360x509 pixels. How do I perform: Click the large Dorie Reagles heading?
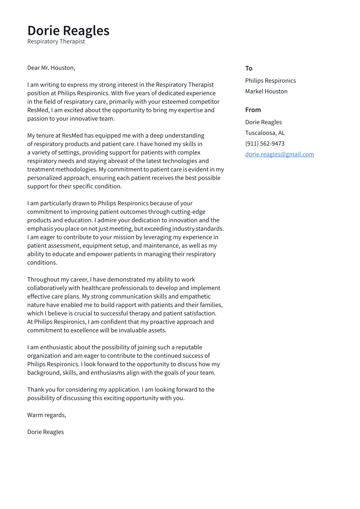68,31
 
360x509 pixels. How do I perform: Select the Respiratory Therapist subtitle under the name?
56,41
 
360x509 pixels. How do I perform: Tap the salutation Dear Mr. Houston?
51,68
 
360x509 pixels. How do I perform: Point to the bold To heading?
248,68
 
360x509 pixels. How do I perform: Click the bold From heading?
253,110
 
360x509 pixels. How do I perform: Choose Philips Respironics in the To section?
271,81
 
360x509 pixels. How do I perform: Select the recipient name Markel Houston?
266,91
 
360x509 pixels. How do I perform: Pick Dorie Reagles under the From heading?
263,122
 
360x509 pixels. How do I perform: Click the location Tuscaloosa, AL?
265,133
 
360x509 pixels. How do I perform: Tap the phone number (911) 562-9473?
264,143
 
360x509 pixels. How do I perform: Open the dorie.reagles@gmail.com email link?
279,154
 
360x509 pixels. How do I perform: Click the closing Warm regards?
47,415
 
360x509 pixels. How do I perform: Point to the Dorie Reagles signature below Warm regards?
45,432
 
